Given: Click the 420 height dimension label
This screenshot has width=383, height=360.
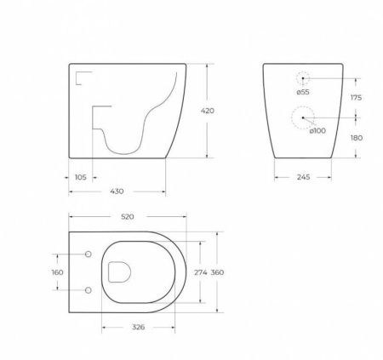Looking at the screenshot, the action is pos(208,111).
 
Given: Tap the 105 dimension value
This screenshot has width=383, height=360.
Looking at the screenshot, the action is pos(81,177).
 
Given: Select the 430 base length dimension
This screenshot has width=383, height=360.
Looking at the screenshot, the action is pos(117,191).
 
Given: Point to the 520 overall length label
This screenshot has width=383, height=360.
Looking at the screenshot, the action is pos(128,217).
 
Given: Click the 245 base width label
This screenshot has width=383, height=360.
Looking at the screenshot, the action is pos(303,177).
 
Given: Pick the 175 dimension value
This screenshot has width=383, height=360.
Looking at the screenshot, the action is pos(356,98).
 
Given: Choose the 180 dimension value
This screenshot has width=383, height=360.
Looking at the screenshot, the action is pos(357,138).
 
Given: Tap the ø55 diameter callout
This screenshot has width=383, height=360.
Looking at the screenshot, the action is pos(303,92).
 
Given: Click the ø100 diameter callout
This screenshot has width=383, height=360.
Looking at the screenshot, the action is pos(317,131).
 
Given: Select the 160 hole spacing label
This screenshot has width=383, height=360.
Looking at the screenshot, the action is pos(57,272).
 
